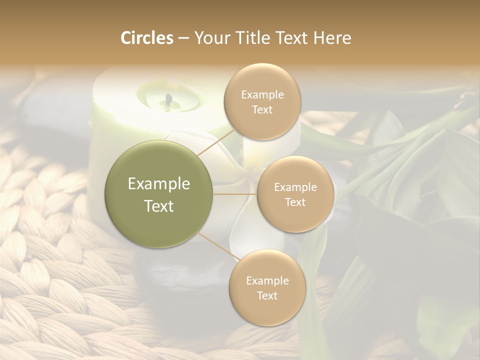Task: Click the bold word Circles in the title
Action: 147,38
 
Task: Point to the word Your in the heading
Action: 210,38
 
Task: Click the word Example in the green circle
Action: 159,184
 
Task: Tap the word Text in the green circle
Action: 159,206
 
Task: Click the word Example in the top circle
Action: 262,95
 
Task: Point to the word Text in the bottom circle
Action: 267,295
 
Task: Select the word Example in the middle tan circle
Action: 295,187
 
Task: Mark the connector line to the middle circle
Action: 235,194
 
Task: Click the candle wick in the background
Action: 169,98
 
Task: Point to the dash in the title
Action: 183,38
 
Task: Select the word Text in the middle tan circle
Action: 295,202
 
